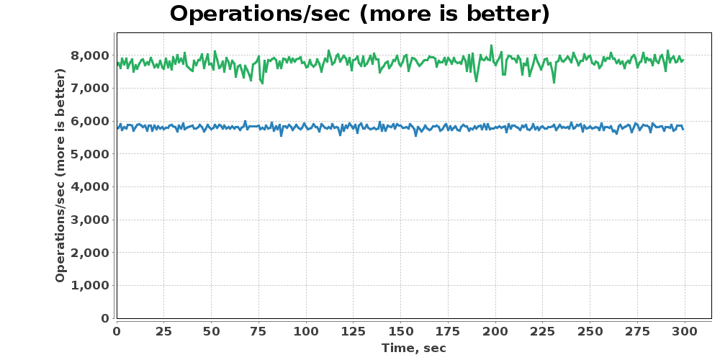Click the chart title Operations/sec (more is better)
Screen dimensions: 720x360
pyautogui.click(x=359, y=14)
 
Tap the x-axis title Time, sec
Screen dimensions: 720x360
pyautogui.click(x=414, y=348)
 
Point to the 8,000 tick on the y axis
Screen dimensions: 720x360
pyautogui.click(x=89, y=55)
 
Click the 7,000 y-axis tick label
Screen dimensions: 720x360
pyautogui.click(x=89, y=88)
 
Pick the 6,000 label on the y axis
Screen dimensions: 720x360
pyautogui.click(x=89, y=121)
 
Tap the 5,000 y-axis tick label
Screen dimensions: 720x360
pyautogui.click(x=89, y=154)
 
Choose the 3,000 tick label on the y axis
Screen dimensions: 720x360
pyautogui.click(x=89, y=220)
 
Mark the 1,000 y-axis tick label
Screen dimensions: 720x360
pyautogui.click(x=89, y=285)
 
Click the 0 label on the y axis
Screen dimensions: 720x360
pyautogui.click(x=105, y=318)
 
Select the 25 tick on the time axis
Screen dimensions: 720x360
pyautogui.click(x=164, y=331)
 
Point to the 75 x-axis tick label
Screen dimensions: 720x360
pyautogui.click(x=258, y=331)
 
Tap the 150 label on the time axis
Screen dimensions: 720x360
pyautogui.click(x=400, y=331)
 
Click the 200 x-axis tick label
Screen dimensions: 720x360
pyautogui.click(x=495, y=331)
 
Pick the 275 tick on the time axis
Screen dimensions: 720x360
pyautogui.click(x=637, y=331)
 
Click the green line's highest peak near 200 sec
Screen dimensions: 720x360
pyautogui.click(x=491, y=45)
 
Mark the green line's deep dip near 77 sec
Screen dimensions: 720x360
pyautogui.click(x=263, y=83)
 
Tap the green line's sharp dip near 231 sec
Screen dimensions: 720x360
pyautogui.click(x=554, y=83)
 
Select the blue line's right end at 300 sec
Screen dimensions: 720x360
pyautogui.click(x=683, y=130)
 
